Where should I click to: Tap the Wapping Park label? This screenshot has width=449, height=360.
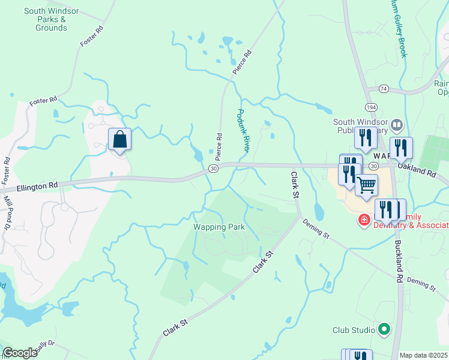218,227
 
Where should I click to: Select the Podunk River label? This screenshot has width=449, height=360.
243,129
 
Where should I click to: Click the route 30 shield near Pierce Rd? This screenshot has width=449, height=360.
214,169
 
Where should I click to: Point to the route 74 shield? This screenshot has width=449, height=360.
384,89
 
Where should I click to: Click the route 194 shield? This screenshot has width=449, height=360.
372,106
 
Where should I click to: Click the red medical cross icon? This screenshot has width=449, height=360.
363,221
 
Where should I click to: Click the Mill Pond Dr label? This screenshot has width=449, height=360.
7,212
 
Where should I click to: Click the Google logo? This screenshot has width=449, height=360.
20,352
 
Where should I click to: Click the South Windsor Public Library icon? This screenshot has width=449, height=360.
396,125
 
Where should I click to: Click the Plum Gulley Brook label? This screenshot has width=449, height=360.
401,30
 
